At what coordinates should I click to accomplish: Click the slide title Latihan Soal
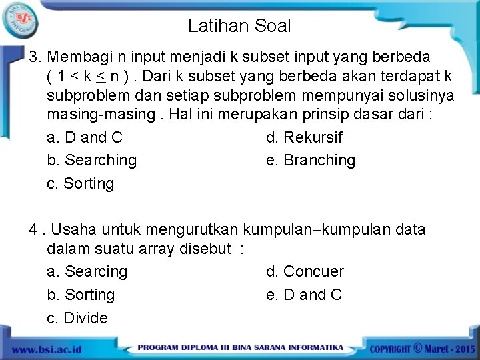(239, 26)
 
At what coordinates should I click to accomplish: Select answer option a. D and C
(85, 138)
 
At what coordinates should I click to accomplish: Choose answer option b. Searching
(91, 161)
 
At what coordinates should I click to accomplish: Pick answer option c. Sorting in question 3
(81, 183)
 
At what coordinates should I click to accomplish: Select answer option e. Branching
(311, 161)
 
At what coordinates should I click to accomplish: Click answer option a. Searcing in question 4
(87, 272)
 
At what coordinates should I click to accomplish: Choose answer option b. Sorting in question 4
(81, 295)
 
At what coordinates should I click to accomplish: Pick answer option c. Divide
(77, 318)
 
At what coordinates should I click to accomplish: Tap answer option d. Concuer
(305, 272)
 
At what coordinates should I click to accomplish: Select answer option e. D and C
(304, 295)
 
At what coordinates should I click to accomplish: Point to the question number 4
(33, 230)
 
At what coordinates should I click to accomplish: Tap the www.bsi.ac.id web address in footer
(46, 349)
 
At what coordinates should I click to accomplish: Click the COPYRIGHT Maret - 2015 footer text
(422, 349)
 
